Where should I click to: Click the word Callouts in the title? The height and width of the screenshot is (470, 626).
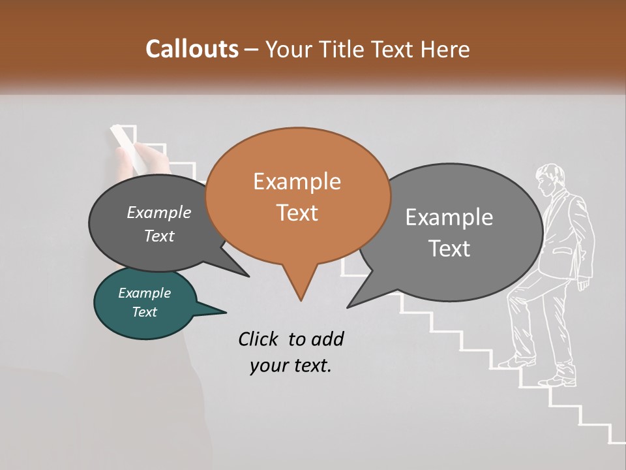coord(192,49)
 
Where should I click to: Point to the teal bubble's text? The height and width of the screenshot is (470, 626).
coord(145,302)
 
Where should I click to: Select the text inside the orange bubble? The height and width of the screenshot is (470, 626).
coord(297,196)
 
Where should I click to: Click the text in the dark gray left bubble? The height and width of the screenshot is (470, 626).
coord(159,224)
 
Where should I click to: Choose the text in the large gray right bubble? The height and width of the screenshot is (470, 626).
coord(449,232)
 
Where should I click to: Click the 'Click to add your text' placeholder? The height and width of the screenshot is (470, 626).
coord(290,352)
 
